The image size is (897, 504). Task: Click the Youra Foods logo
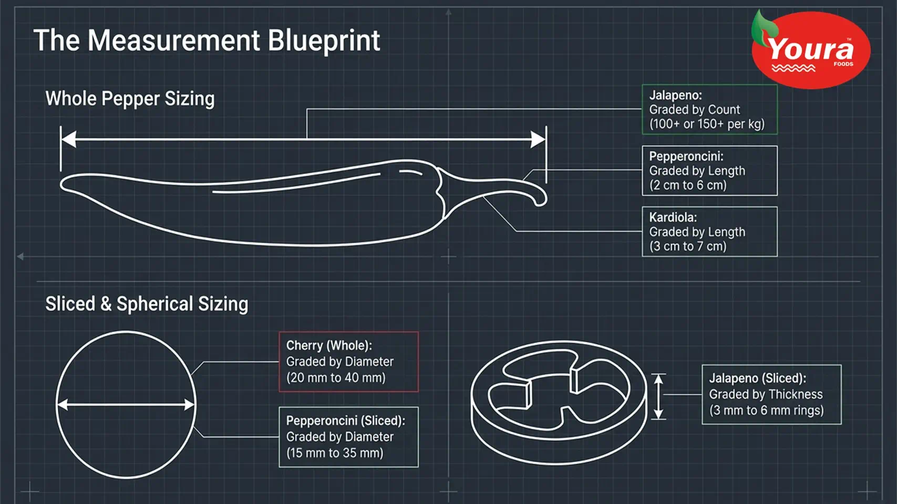click(810, 49)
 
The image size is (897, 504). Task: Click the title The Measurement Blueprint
click(207, 41)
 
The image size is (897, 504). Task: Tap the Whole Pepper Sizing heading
click(130, 98)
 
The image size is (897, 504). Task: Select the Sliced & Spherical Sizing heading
click(147, 303)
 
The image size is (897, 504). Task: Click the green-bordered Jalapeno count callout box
click(709, 109)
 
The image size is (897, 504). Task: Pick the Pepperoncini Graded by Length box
click(709, 171)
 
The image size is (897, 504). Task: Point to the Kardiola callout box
click(709, 232)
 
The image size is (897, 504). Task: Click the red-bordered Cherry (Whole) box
click(349, 362)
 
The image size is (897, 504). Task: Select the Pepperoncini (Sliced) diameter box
click(349, 437)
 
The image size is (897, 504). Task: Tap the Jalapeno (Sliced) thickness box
click(771, 394)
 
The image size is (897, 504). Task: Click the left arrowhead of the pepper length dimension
click(68, 139)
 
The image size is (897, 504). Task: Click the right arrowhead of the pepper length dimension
click(538, 139)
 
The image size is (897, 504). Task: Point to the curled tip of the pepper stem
click(541, 201)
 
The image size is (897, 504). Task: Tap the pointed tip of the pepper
click(63, 184)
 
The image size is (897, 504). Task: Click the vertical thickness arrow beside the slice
click(659, 396)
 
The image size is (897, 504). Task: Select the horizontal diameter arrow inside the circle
click(126, 405)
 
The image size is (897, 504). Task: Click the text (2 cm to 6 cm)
click(687, 185)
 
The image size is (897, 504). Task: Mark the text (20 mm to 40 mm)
click(336, 377)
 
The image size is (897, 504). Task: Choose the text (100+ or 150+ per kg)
click(707, 124)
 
